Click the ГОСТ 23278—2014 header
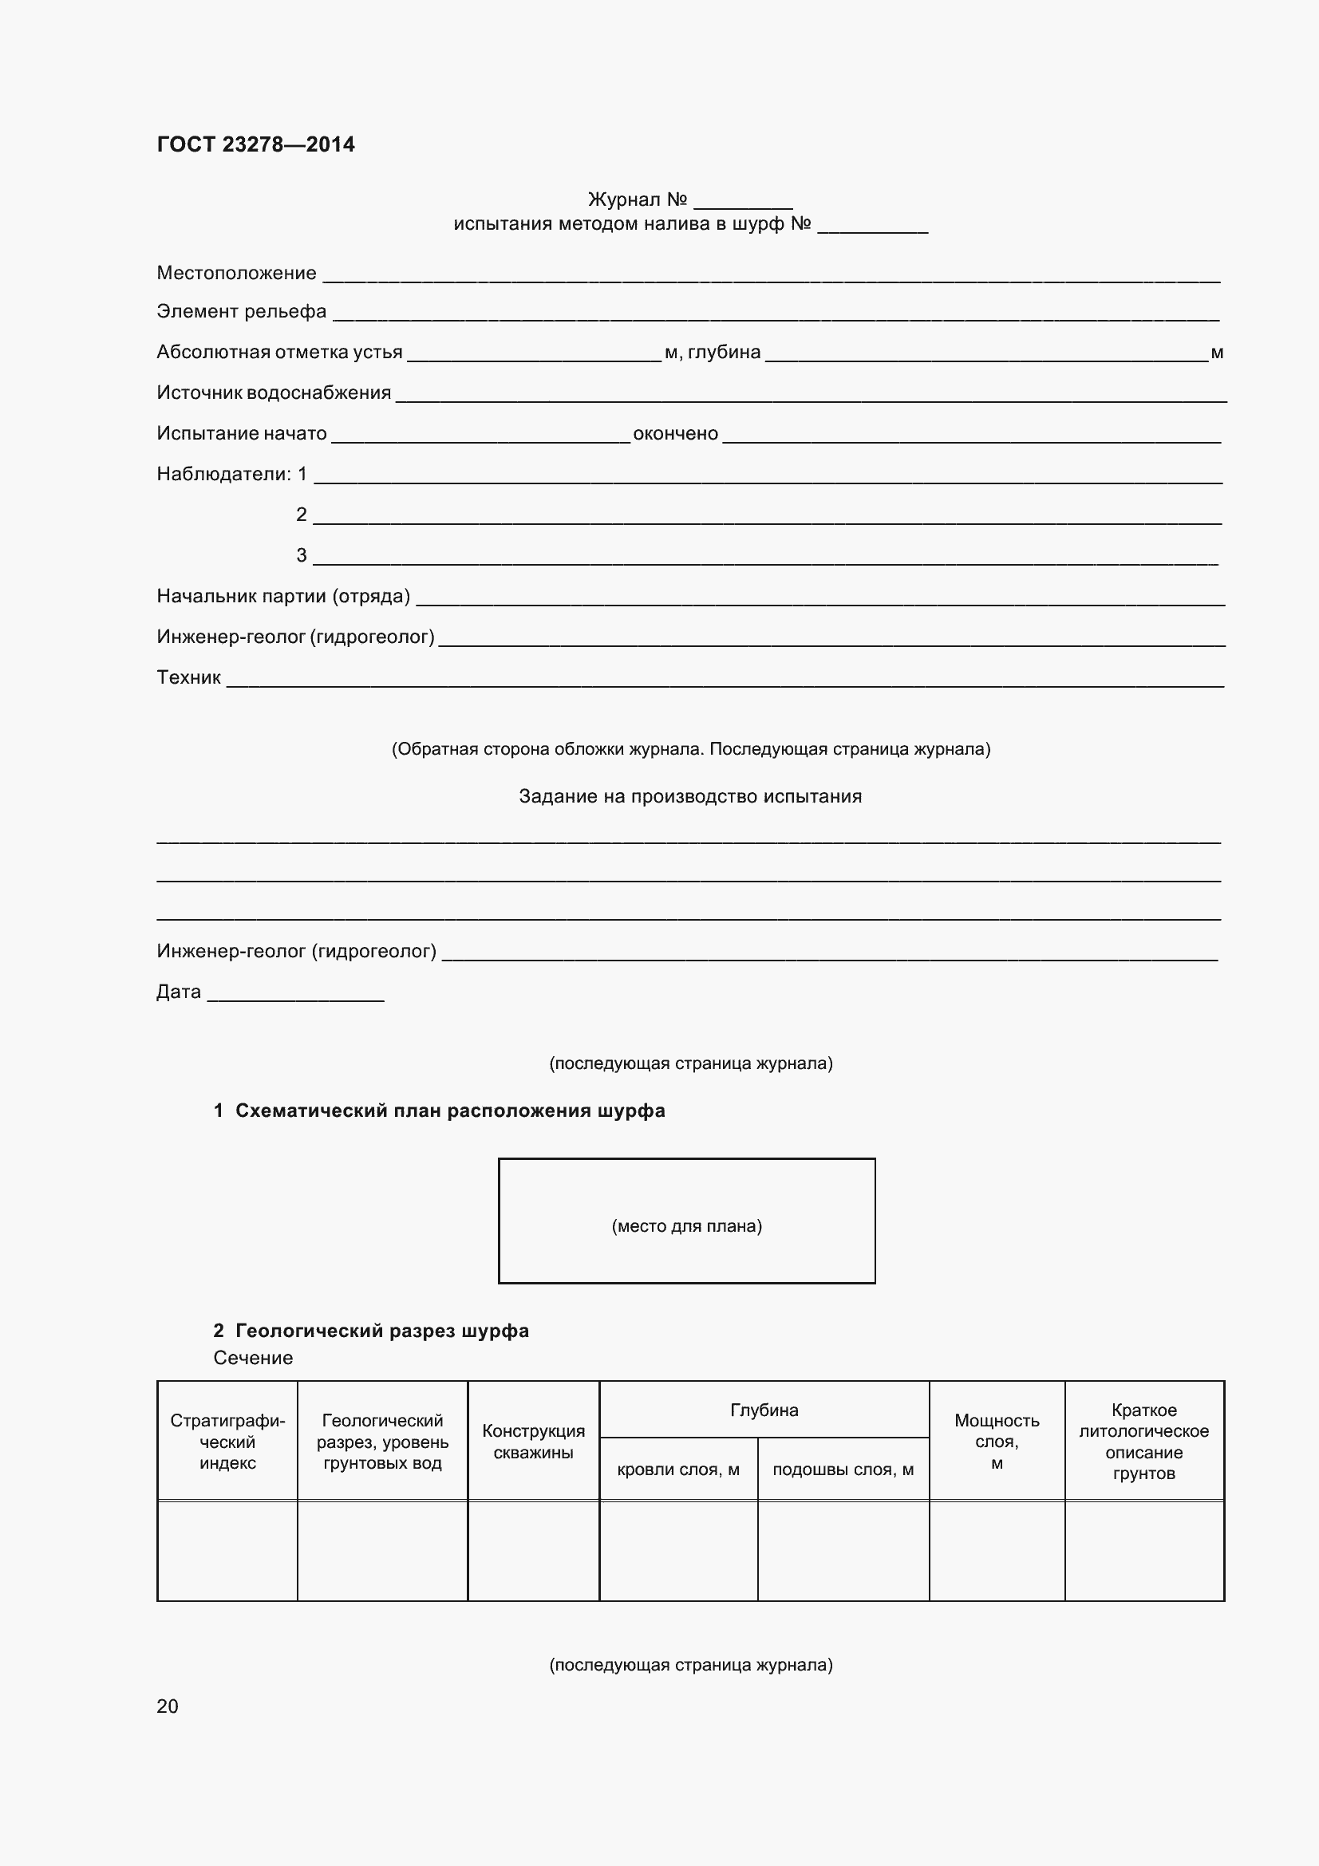pos(255,144)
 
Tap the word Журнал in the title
pos(623,200)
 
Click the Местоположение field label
pos(236,273)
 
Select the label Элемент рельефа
pos(241,312)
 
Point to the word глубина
pos(724,353)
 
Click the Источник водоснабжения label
pos(274,393)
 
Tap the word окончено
pos(675,434)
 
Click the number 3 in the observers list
pos(302,556)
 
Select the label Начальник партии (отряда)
pos(282,597)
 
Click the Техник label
pos(188,678)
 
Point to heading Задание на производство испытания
pos(690,796)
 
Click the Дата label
pos(179,992)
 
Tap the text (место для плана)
pos(687,1225)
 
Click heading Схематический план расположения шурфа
pos(449,1111)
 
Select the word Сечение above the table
pos(253,1358)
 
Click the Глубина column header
pos(764,1410)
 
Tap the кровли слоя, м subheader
pos(677,1470)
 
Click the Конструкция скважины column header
pos(533,1442)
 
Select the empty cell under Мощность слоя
pos(997,1551)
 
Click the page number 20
pos(168,1706)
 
